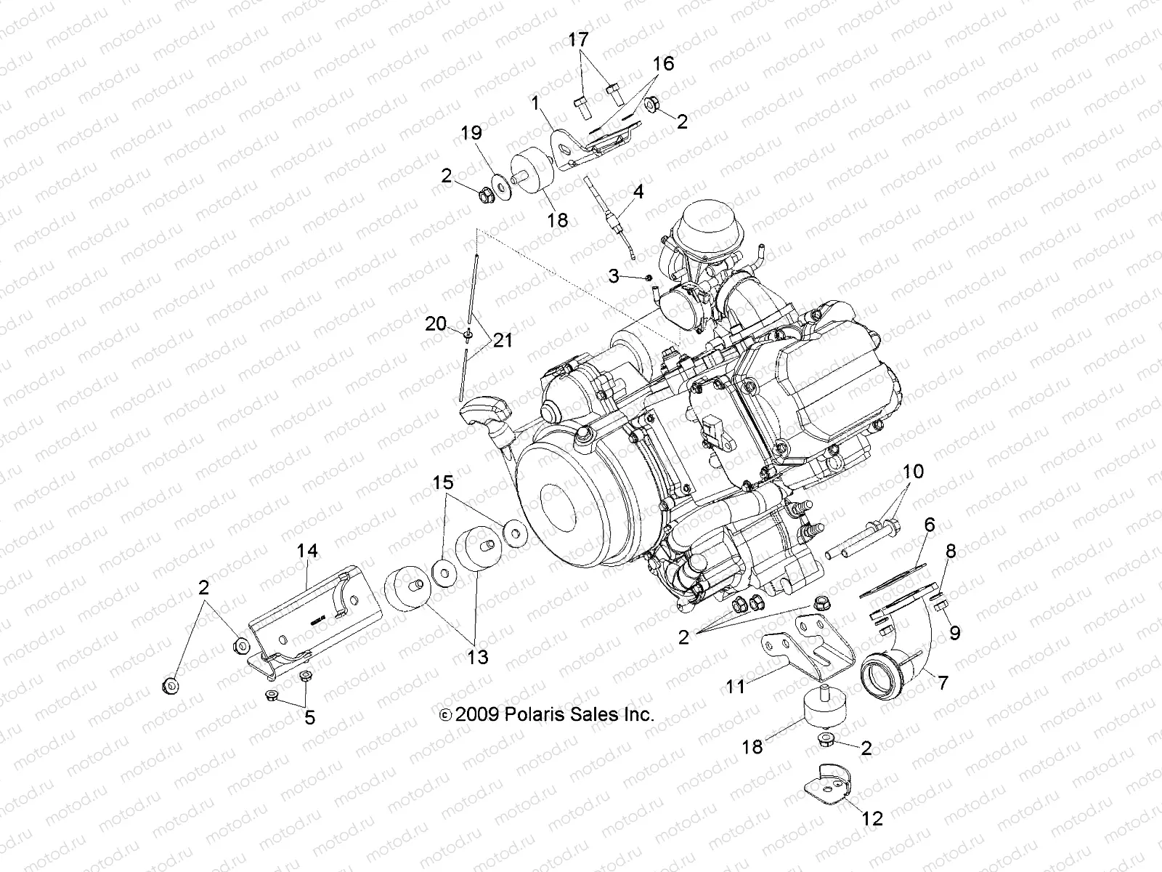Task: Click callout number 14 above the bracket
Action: tap(307, 551)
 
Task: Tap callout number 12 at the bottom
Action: tap(872, 818)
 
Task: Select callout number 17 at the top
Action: tap(579, 40)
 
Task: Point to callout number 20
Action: tap(436, 323)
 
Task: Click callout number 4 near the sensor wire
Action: tap(638, 192)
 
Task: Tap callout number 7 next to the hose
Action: tap(943, 683)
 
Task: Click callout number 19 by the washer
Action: tap(492, 133)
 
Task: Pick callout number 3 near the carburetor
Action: tap(614, 275)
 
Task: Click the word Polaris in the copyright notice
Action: tap(532, 714)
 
